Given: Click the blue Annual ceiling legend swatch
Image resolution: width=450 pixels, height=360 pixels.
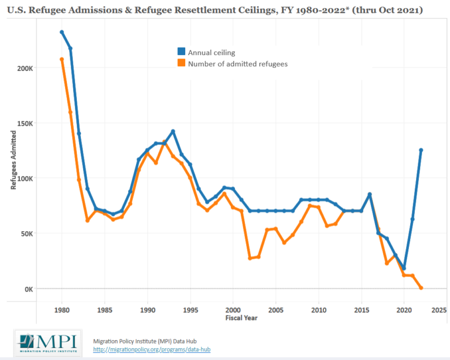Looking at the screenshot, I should click(182, 53).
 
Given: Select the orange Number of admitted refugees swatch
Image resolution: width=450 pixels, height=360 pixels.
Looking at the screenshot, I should click(182, 63).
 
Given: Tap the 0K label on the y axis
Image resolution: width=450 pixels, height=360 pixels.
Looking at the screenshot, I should click(28, 289).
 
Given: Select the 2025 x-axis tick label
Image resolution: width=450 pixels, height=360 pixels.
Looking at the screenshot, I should click(438, 310).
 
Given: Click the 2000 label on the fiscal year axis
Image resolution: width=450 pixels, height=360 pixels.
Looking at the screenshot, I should click(233, 310).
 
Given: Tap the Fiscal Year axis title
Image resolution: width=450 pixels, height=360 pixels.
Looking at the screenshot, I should click(241, 318).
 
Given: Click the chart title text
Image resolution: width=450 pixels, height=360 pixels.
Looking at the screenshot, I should click(215, 11).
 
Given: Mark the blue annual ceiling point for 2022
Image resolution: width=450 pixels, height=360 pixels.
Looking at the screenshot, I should click(421, 150).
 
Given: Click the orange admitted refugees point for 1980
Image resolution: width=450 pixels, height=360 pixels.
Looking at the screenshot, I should click(62, 59).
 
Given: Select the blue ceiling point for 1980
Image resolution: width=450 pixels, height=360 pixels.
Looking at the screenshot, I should click(62, 32).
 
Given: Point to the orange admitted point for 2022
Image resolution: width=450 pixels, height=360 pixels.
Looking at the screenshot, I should click(421, 287).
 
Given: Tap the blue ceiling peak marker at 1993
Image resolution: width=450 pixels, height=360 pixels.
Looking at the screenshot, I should click(173, 131).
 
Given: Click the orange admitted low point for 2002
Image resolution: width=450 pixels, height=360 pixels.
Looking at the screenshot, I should click(250, 258).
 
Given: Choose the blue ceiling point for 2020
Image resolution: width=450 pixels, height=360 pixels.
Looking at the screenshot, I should click(404, 268).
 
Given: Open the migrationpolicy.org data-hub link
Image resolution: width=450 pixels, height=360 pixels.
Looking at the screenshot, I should click(152, 349).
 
